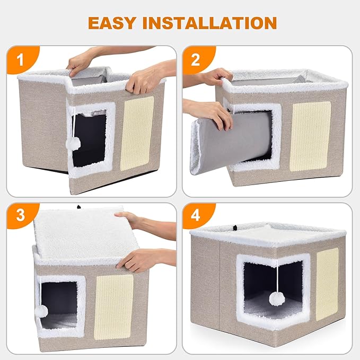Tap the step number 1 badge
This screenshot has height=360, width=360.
21,59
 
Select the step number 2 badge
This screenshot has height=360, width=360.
196,59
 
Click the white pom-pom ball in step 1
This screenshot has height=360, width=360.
75,143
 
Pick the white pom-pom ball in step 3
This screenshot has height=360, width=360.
41,311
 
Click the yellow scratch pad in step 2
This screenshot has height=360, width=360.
311,136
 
